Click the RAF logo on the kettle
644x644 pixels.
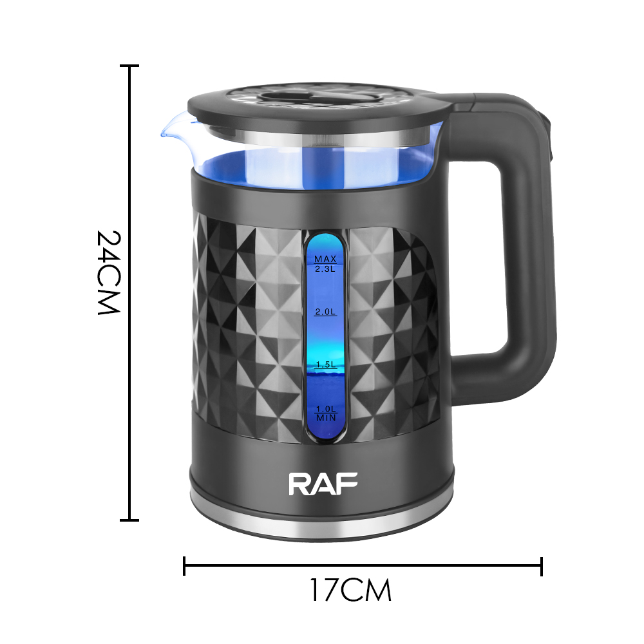click(x=323, y=484)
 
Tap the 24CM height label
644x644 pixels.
click(x=108, y=272)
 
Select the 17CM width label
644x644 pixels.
click(x=350, y=590)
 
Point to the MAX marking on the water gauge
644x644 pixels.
click(x=325, y=259)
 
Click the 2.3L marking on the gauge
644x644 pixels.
click(x=325, y=269)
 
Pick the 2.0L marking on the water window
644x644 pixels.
click(x=325, y=312)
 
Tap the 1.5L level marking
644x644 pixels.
click(x=326, y=365)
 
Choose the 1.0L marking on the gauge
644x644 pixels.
click(x=326, y=409)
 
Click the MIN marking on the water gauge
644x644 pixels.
click(x=326, y=418)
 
